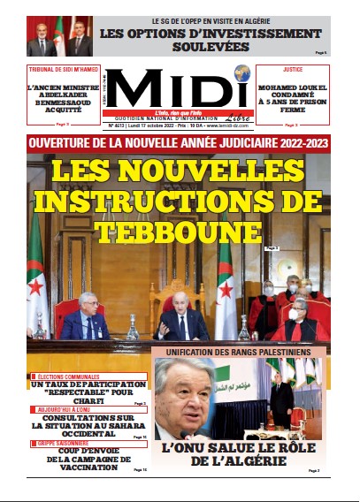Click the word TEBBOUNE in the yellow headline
(179, 232)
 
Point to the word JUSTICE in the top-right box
(293, 67)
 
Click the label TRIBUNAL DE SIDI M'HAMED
(62, 68)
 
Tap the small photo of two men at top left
(60, 36)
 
